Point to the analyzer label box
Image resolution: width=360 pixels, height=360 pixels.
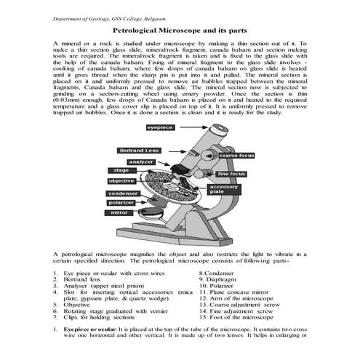click(x=140, y=161)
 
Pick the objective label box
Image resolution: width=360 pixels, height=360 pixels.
click(x=122, y=180)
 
